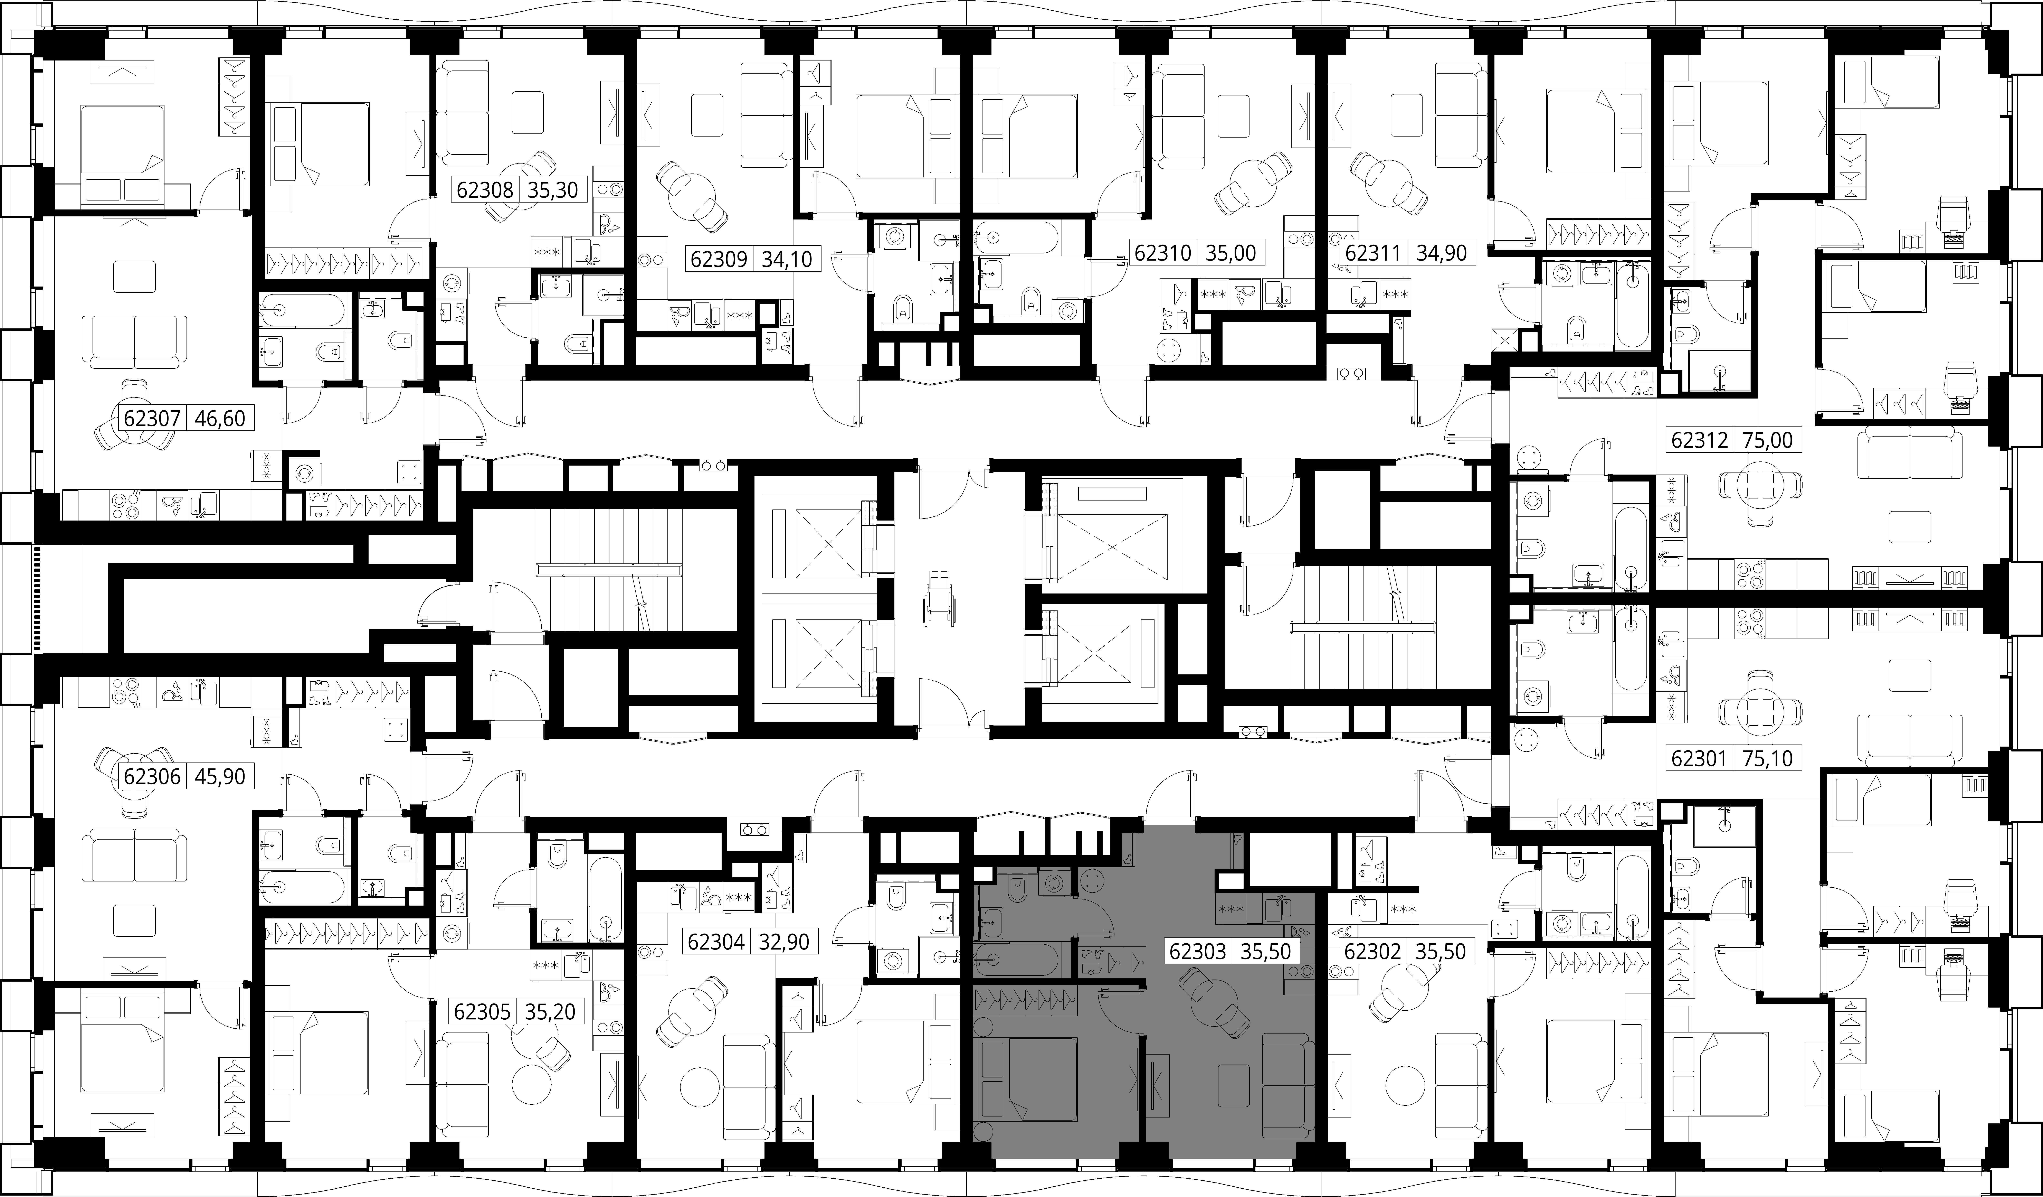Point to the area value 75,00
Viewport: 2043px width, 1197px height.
point(1758,440)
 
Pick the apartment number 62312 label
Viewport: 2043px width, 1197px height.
point(1700,440)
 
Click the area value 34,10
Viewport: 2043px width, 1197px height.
point(786,260)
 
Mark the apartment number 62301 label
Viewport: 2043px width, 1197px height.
point(1700,759)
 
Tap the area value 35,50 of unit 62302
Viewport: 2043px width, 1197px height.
point(1441,951)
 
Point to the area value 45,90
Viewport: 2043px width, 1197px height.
point(220,776)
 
